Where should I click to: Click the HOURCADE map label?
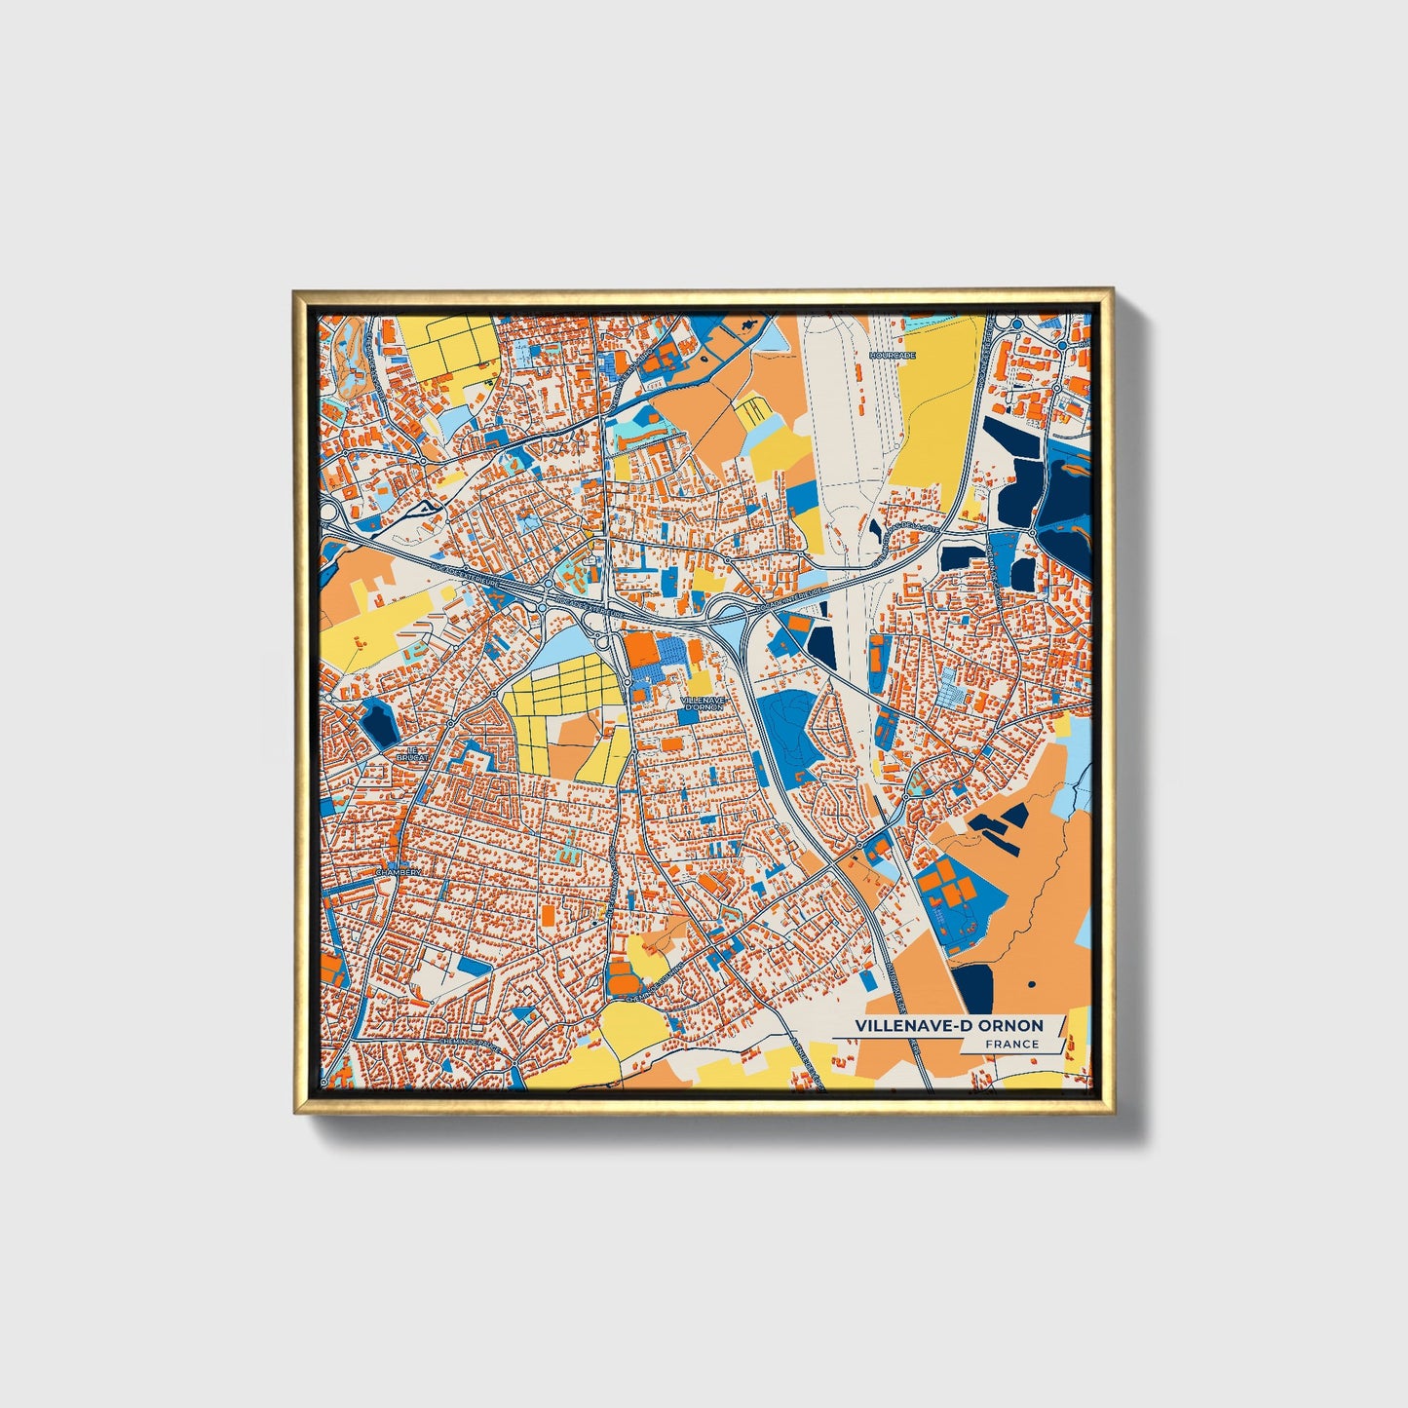(x=892, y=356)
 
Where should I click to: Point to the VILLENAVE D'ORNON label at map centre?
(x=703, y=704)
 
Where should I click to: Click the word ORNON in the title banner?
(x=1011, y=1025)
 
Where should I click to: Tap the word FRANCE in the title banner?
(x=1011, y=1044)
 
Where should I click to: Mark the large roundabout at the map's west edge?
(x=327, y=513)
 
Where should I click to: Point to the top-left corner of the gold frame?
(x=293, y=289)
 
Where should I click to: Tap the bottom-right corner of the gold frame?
(x=1112, y=1112)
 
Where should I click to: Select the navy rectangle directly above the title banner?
(x=971, y=988)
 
